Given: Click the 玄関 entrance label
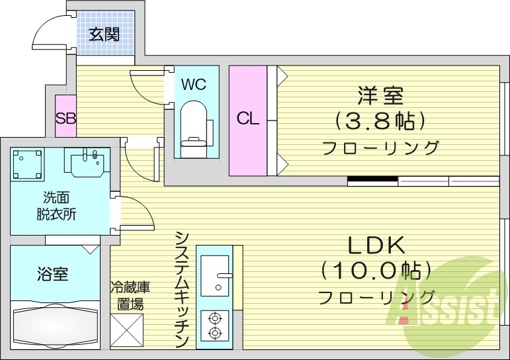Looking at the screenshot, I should coord(105,34).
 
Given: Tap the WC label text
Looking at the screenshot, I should coord(194,84).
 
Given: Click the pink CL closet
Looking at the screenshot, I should coord(248,120).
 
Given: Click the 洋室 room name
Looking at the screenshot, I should coord(380,96).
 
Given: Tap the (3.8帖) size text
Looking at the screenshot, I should coord(380,121).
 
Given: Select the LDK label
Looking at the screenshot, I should coord(376,245).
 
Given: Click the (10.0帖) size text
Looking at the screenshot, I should coord(376,270).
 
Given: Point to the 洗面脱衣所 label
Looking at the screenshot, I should coord(56,206).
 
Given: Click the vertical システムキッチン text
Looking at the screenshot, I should coord(183,289).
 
